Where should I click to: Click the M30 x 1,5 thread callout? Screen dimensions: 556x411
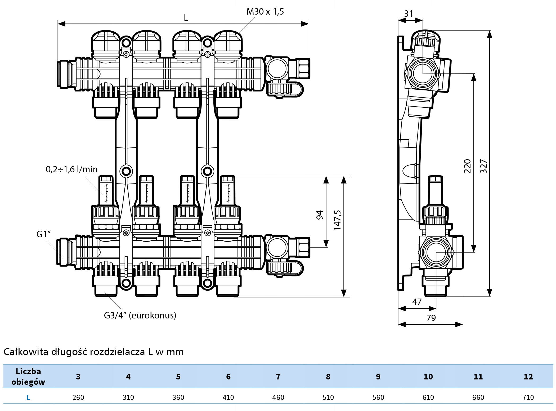[265, 12]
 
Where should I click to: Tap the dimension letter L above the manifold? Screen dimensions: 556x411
[186, 18]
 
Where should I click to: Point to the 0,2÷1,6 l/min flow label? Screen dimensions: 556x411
[72, 169]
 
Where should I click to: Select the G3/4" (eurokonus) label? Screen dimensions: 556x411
[140, 315]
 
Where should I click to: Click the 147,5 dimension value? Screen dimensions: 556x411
[338, 220]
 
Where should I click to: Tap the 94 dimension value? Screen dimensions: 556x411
[320, 215]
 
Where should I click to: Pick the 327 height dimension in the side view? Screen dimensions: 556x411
[483, 166]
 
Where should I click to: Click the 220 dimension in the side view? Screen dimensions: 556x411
[468, 166]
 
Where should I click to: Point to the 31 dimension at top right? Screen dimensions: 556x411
[409, 14]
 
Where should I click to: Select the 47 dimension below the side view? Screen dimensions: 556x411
[417, 302]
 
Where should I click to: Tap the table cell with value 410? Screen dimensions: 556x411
[228, 397]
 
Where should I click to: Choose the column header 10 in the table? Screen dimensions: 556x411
[428, 377]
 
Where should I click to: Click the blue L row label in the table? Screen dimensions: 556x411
[28, 397]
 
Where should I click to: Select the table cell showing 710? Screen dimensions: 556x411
[528, 397]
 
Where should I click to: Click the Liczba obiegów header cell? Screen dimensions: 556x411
[28, 377]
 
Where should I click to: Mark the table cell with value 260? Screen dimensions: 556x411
[78, 397]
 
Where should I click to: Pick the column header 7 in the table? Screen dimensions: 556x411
[278, 377]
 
